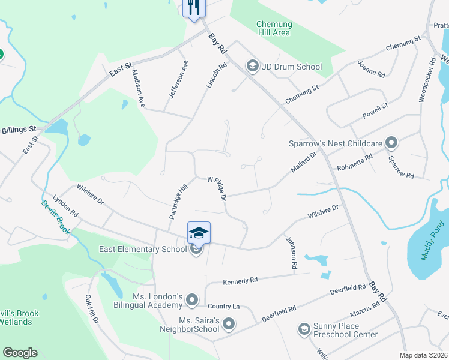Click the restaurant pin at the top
[x=194, y=8]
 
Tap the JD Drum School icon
[x=252, y=67]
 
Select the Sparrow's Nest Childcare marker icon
[x=391, y=143]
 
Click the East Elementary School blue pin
[x=199, y=233]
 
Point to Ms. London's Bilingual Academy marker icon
[x=192, y=299]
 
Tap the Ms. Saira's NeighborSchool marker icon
[x=228, y=325]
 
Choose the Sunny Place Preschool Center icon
[x=304, y=329]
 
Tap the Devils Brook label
[x=56, y=218]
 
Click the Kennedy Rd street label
[x=240, y=280]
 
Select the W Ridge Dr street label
[x=217, y=188]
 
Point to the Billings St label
[x=19, y=130]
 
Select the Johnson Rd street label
[x=291, y=252]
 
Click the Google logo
[x=20, y=353]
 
